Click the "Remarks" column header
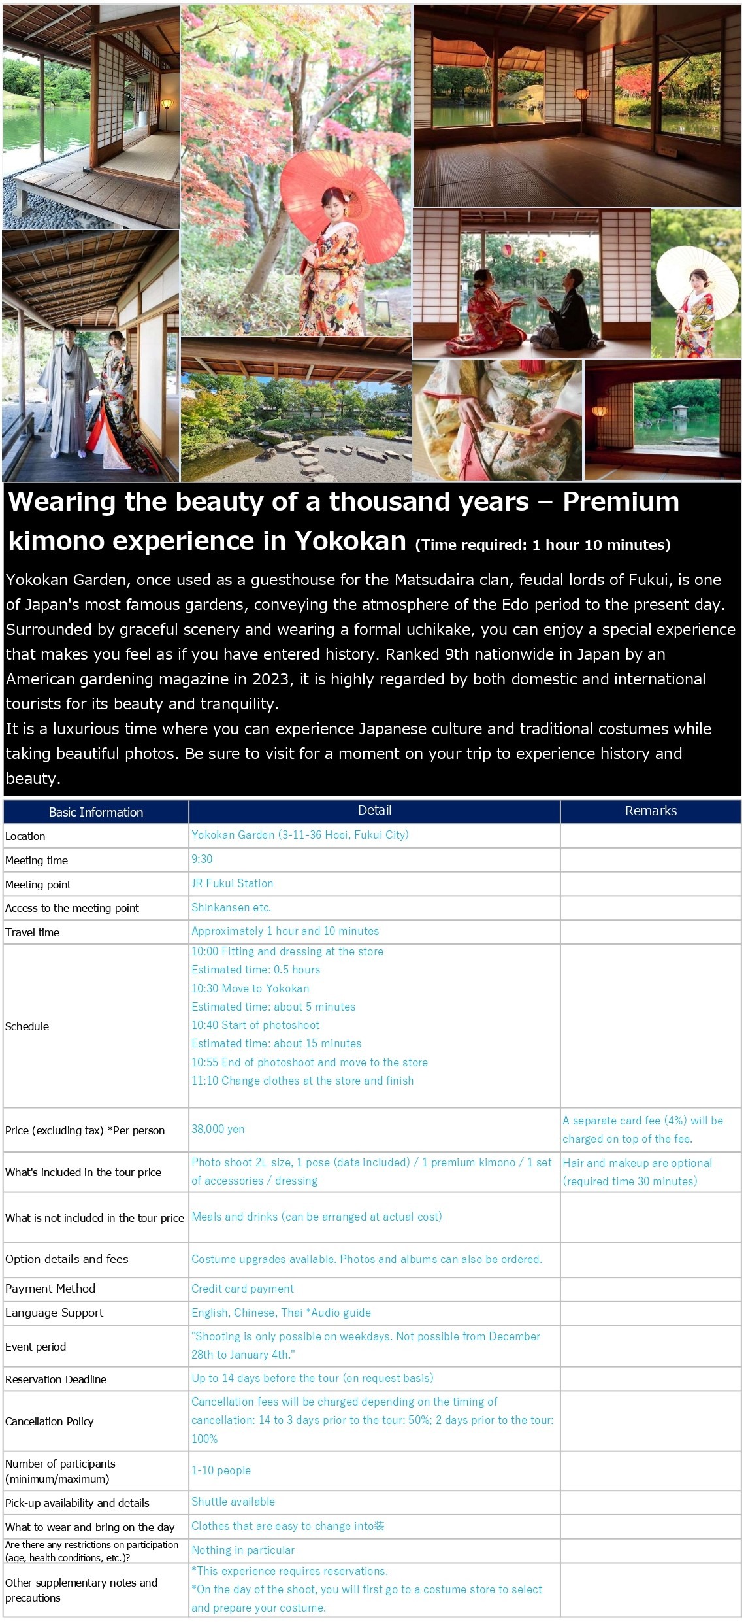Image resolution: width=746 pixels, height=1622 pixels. (x=650, y=811)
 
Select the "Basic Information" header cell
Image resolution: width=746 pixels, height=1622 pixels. (x=95, y=812)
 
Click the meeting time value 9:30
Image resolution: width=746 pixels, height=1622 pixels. (x=201, y=859)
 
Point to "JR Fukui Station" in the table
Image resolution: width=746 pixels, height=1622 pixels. (x=232, y=883)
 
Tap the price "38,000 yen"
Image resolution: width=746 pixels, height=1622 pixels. (x=218, y=1129)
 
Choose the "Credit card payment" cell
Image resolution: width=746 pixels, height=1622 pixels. (x=242, y=1289)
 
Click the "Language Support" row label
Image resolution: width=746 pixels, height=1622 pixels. (x=54, y=1313)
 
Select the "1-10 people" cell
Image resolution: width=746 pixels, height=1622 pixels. (x=221, y=1470)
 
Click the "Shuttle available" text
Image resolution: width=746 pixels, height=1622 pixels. (x=233, y=1502)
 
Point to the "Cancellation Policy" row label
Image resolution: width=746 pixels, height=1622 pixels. (x=50, y=1421)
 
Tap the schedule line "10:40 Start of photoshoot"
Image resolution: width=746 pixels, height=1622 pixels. (x=255, y=1025)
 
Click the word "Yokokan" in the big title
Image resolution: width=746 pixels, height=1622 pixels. (x=350, y=541)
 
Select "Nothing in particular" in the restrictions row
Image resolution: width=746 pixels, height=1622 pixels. (x=242, y=1550)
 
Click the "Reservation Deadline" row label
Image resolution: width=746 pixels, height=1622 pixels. (x=56, y=1379)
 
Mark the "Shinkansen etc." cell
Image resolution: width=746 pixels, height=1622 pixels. (x=231, y=907)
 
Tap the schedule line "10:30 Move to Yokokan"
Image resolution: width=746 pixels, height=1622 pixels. (x=250, y=988)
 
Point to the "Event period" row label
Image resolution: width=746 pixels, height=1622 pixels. (x=35, y=1347)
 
